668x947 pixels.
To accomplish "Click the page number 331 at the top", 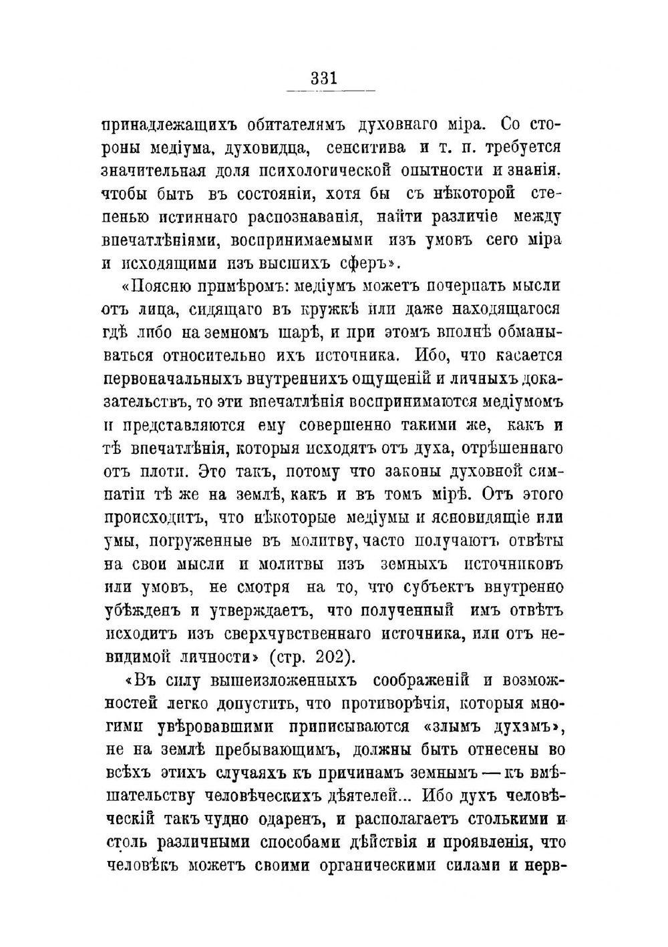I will click(x=324, y=79).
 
